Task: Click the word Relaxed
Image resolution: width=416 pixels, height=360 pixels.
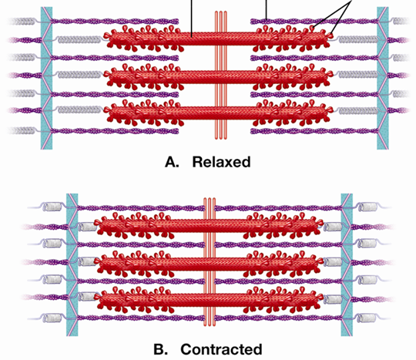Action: point(221,162)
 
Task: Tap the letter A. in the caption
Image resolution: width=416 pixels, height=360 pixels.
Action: point(172,162)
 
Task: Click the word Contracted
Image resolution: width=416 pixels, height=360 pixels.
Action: point(221,349)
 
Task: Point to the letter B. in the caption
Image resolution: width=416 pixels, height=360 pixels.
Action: point(160,349)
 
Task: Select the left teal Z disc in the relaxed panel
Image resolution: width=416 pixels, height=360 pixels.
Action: point(46,78)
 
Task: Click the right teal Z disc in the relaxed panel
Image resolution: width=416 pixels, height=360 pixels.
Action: point(383,78)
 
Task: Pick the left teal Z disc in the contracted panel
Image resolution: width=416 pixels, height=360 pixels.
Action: point(72,264)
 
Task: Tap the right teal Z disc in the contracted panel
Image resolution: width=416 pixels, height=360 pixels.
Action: point(347,264)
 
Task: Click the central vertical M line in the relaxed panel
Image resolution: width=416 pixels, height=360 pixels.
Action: point(221,75)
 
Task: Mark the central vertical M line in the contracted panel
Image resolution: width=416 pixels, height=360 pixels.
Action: point(210,262)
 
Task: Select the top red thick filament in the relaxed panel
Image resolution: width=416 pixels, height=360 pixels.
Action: point(218,39)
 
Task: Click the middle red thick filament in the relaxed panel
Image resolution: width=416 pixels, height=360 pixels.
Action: point(218,77)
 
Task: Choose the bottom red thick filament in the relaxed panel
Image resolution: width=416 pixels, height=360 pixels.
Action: point(218,113)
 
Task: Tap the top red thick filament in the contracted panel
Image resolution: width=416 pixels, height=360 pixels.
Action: point(209,226)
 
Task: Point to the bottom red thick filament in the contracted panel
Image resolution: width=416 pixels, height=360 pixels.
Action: point(209,300)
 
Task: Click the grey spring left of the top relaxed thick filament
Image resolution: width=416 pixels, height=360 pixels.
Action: point(79,40)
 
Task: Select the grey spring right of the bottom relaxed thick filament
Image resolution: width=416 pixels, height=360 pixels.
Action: point(358,111)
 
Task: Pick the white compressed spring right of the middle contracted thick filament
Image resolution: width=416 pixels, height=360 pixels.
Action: point(333,262)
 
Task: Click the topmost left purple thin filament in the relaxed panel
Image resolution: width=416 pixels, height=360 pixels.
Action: point(115,22)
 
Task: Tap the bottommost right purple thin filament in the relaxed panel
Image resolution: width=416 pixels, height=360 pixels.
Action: point(314,131)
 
